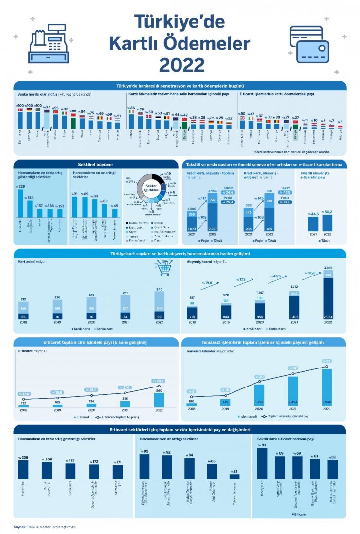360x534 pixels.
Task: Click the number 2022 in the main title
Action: coord(180,64)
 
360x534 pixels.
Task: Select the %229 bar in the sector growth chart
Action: coord(21,203)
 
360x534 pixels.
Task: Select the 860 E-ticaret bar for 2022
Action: coord(159,400)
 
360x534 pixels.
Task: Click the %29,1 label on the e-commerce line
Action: coord(159,381)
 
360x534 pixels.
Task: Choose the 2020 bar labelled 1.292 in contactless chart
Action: coord(259,395)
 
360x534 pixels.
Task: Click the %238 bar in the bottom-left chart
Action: coord(23,469)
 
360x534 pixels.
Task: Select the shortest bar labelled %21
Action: coord(234,476)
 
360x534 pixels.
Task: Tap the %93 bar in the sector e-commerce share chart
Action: coord(262,463)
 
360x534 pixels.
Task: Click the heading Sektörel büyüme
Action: coord(95,164)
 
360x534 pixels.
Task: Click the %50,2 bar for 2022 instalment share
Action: coord(327,222)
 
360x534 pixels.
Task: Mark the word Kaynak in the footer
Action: coord(20,526)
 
